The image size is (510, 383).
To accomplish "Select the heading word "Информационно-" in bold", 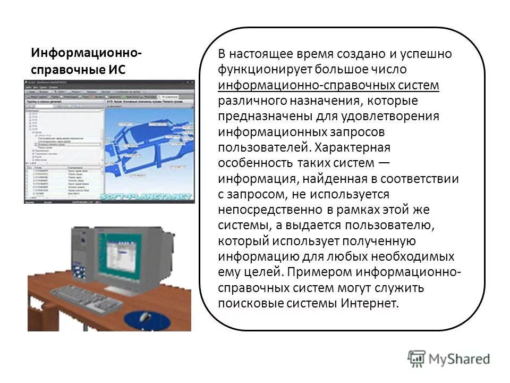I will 86,53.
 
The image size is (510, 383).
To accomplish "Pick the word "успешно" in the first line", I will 429,54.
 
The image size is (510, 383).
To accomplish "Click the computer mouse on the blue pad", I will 144,318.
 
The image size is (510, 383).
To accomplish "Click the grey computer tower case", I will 83,249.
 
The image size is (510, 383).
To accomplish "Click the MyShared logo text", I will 460,359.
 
